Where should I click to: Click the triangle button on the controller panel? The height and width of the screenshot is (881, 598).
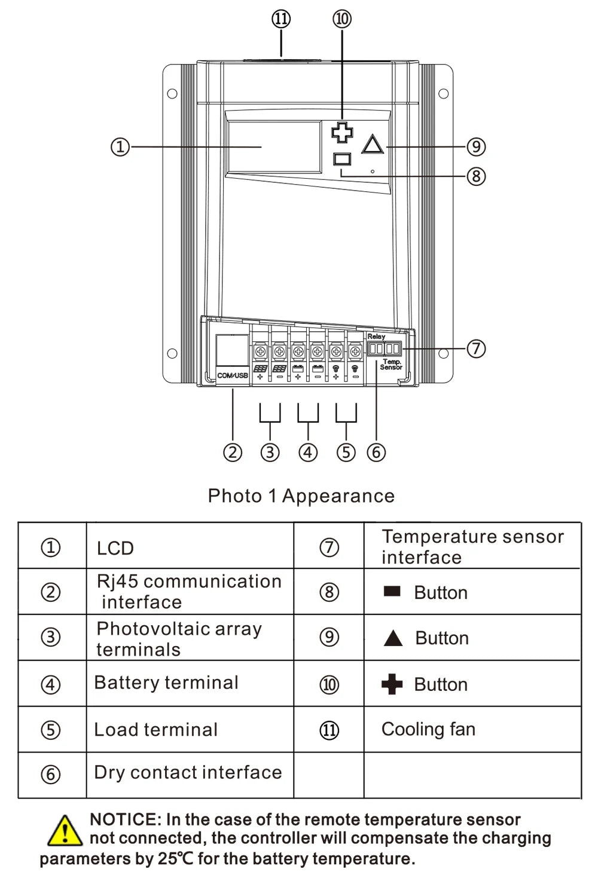coord(373,145)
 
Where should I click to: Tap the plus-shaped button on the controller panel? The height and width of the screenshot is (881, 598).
coord(342,132)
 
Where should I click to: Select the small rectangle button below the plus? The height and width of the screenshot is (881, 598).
coord(342,160)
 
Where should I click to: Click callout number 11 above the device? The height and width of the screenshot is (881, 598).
coord(281,19)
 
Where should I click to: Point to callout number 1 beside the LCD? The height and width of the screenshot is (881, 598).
coord(120,146)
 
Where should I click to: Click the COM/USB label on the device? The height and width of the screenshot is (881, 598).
coord(232,375)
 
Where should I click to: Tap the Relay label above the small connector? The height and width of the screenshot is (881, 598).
coord(376,337)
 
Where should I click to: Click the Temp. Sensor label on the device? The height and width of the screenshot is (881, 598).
coord(392,364)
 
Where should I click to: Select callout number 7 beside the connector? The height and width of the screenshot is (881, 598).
coord(475,348)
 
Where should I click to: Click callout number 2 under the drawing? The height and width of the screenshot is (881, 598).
coord(233,452)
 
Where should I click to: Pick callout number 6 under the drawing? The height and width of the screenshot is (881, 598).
coord(376,452)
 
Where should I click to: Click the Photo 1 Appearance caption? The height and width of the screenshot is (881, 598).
coord(301,496)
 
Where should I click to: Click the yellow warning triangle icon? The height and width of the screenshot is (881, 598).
coord(64,831)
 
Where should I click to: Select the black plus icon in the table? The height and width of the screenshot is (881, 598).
coord(392,684)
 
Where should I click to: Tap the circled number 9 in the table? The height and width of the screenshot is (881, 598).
coord(329,637)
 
